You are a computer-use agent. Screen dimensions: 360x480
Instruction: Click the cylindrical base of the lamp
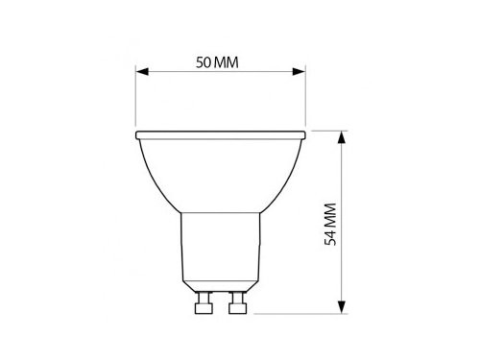[220, 250]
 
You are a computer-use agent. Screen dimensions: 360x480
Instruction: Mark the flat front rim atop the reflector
[220, 133]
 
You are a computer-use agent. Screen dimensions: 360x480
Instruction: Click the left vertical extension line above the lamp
[135, 96]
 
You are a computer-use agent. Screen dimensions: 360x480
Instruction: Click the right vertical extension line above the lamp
[305, 96]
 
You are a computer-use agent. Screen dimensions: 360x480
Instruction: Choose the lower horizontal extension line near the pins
[298, 314]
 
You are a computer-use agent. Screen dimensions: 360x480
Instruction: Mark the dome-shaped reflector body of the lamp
[220, 173]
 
